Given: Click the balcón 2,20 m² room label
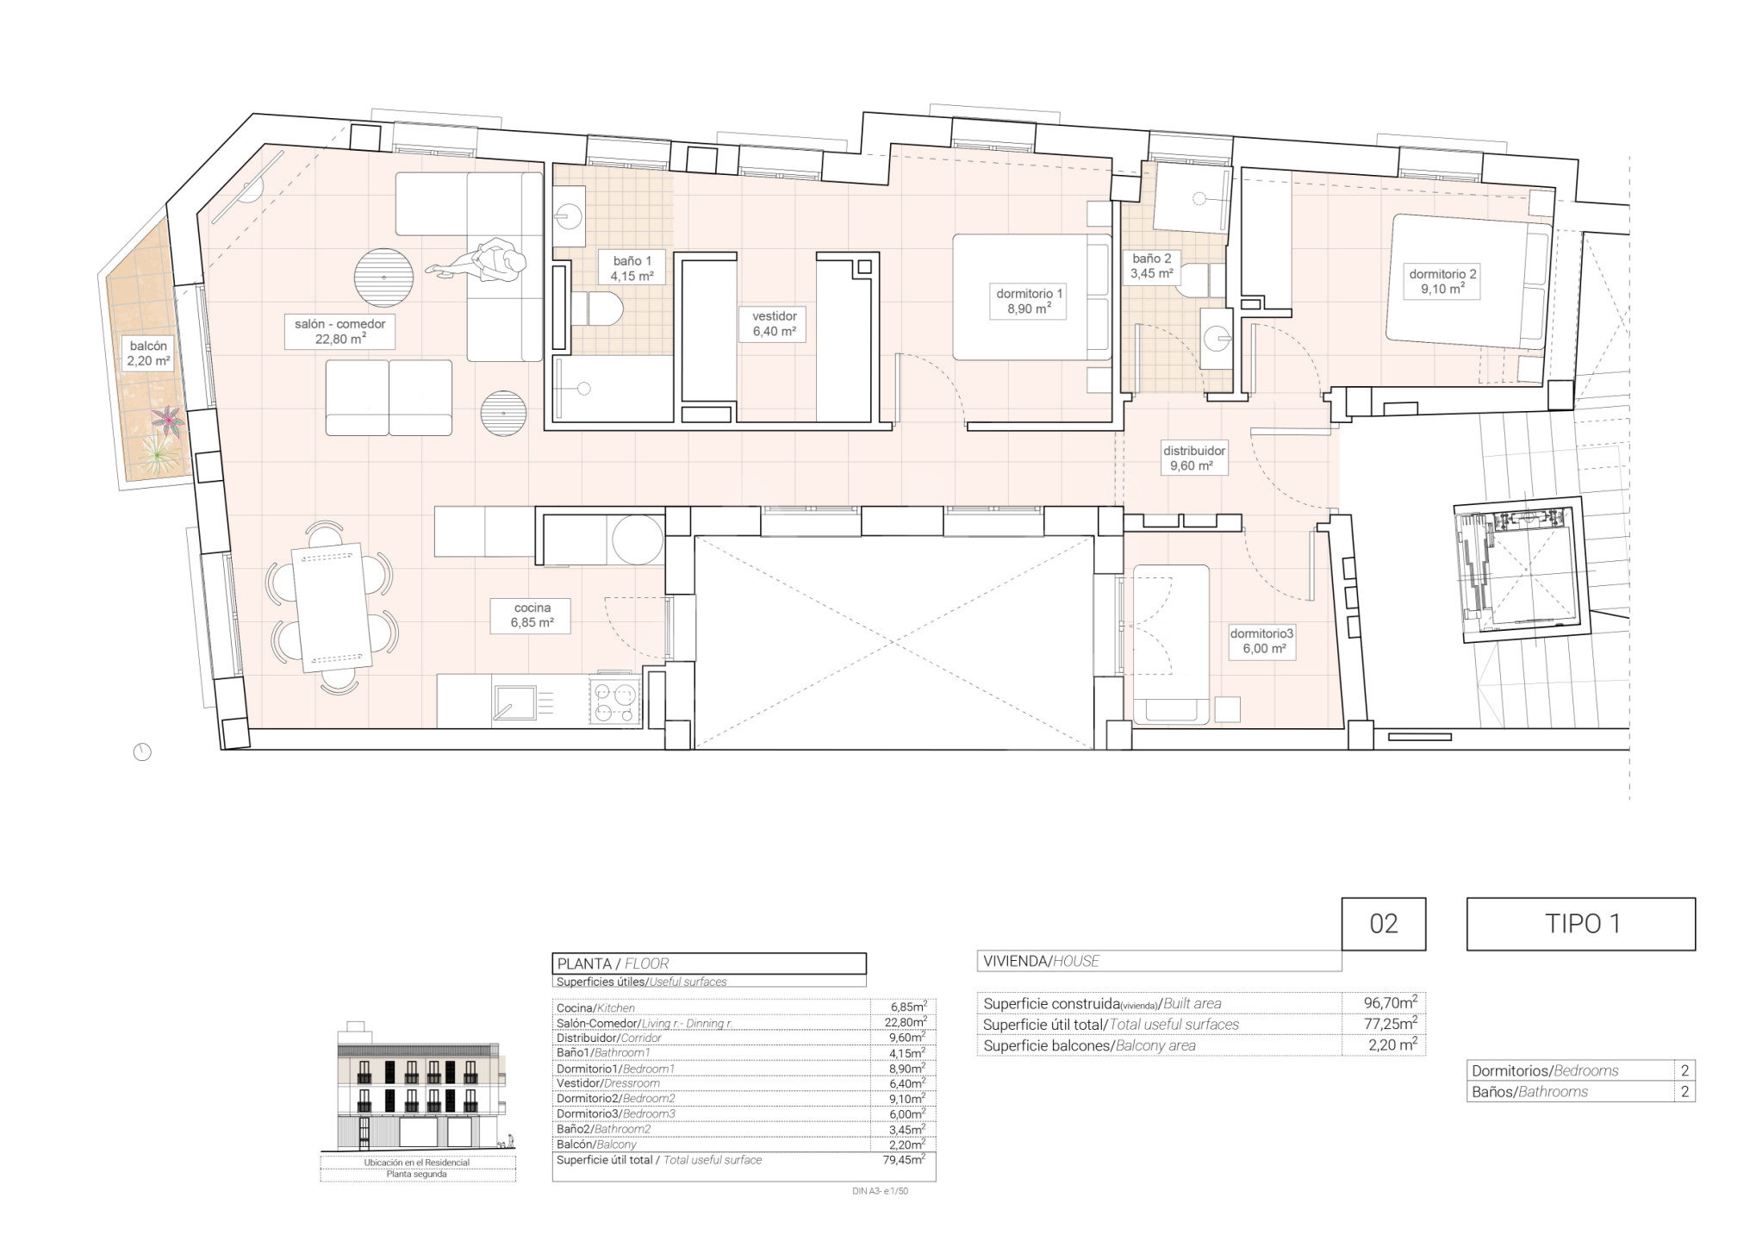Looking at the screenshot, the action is pos(148,353).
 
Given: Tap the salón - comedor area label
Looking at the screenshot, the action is pos(339,332).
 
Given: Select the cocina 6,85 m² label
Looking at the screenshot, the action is pos(531,615).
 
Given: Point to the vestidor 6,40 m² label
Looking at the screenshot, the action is pos(774,324).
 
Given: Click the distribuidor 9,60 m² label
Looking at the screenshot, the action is pos(1193,458).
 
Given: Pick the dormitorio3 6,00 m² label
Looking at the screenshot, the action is pos(1261,641).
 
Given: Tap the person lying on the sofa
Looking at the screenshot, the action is pos(483,262).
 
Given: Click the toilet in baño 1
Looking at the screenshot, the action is pos(597,309).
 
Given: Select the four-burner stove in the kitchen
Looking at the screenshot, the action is pos(614,702).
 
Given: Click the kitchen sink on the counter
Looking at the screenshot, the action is pos(514,702).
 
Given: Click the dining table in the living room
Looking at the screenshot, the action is pos(332,607).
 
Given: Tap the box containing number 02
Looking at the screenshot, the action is pos(1383,924).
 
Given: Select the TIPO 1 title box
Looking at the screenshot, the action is pos(1581,924).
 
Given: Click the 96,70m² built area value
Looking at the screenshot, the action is pos(1390,1003).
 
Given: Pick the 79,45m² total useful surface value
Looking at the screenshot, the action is pos(899,1160).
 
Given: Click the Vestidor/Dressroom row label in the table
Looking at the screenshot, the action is pos(608,1083).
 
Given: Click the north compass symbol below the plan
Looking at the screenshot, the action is pos(142,752).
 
